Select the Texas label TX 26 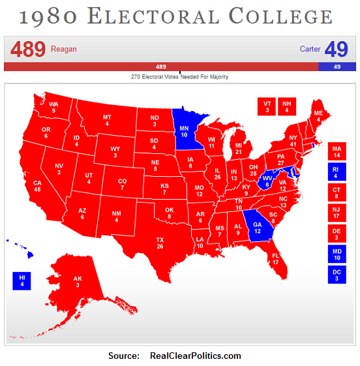pyautogui.click(x=160, y=243)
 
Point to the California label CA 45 pyautogui.click(x=37, y=186)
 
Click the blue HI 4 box pyautogui.click(x=22, y=281)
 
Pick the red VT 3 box pyautogui.click(x=267, y=106)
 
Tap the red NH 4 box pyautogui.click(x=286, y=106)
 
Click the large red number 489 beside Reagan pyautogui.click(x=27, y=50)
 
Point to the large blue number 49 pyautogui.click(x=336, y=50)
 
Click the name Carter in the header pyautogui.click(x=310, y=50)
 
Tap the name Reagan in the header pyautogui.click(x=63, y=50)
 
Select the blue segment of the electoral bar pyautogui.click(x=337, y=67)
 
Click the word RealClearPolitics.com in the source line pyautogui.click(x=196, y=356)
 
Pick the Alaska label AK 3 pyautogui.click(x=78, y=281)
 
